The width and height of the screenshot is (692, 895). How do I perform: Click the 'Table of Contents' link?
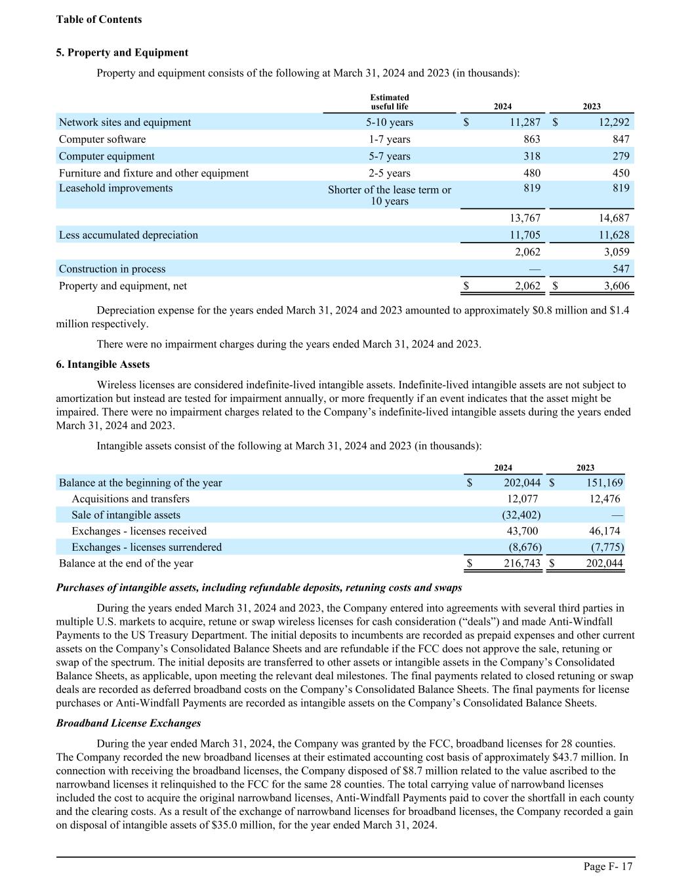click(x=98, y=20)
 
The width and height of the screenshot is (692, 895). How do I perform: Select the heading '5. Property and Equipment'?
click(x=122, y=52)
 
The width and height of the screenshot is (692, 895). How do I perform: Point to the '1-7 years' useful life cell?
click(x=389, y=139)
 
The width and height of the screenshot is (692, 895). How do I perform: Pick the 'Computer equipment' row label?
click(x=106, y=156)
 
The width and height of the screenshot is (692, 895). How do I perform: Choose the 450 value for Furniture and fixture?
click(x=620, y=173)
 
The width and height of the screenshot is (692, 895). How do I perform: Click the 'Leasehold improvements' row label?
click(x=115, y=188)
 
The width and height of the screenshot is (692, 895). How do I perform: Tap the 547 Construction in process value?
click(x=621, y=269)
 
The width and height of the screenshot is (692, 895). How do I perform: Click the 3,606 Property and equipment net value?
click(x=615, y=286)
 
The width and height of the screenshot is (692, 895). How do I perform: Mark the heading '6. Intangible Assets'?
click(x=103, y=365)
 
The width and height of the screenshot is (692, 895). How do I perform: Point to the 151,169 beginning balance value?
click(x=603, y=483)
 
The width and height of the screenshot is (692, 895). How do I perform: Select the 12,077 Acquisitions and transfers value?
click(x=523, y=499)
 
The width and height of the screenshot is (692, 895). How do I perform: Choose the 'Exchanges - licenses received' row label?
click(x=139, y=531)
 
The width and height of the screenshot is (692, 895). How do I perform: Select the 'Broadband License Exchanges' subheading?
click(x=129, y=723)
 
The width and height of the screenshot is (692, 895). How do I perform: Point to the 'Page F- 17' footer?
click(x=608, y=867)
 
